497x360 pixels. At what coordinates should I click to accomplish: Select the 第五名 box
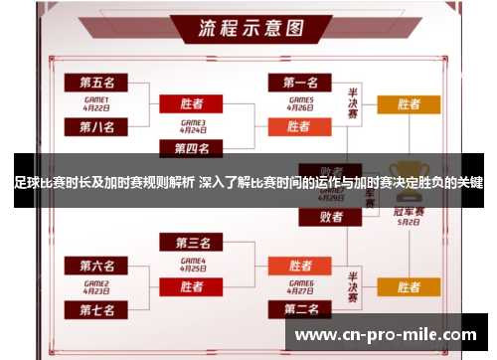(96, 81)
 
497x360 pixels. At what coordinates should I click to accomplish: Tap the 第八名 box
(96, 126)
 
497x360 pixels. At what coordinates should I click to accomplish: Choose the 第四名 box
(192, 149)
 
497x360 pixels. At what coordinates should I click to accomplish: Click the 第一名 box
(300, 81)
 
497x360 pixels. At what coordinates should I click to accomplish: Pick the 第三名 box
(192, 243)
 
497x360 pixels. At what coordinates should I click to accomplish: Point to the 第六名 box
(96, 266)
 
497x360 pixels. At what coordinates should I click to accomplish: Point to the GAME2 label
(96, 287)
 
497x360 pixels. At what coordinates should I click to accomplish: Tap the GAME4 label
(192, 264)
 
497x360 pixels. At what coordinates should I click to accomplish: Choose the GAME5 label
(300, 102)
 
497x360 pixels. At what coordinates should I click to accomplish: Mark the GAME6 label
(300, 287)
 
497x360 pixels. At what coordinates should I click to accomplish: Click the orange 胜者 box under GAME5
(300, 126)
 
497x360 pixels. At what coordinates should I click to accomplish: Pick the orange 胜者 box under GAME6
(300, 266)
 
